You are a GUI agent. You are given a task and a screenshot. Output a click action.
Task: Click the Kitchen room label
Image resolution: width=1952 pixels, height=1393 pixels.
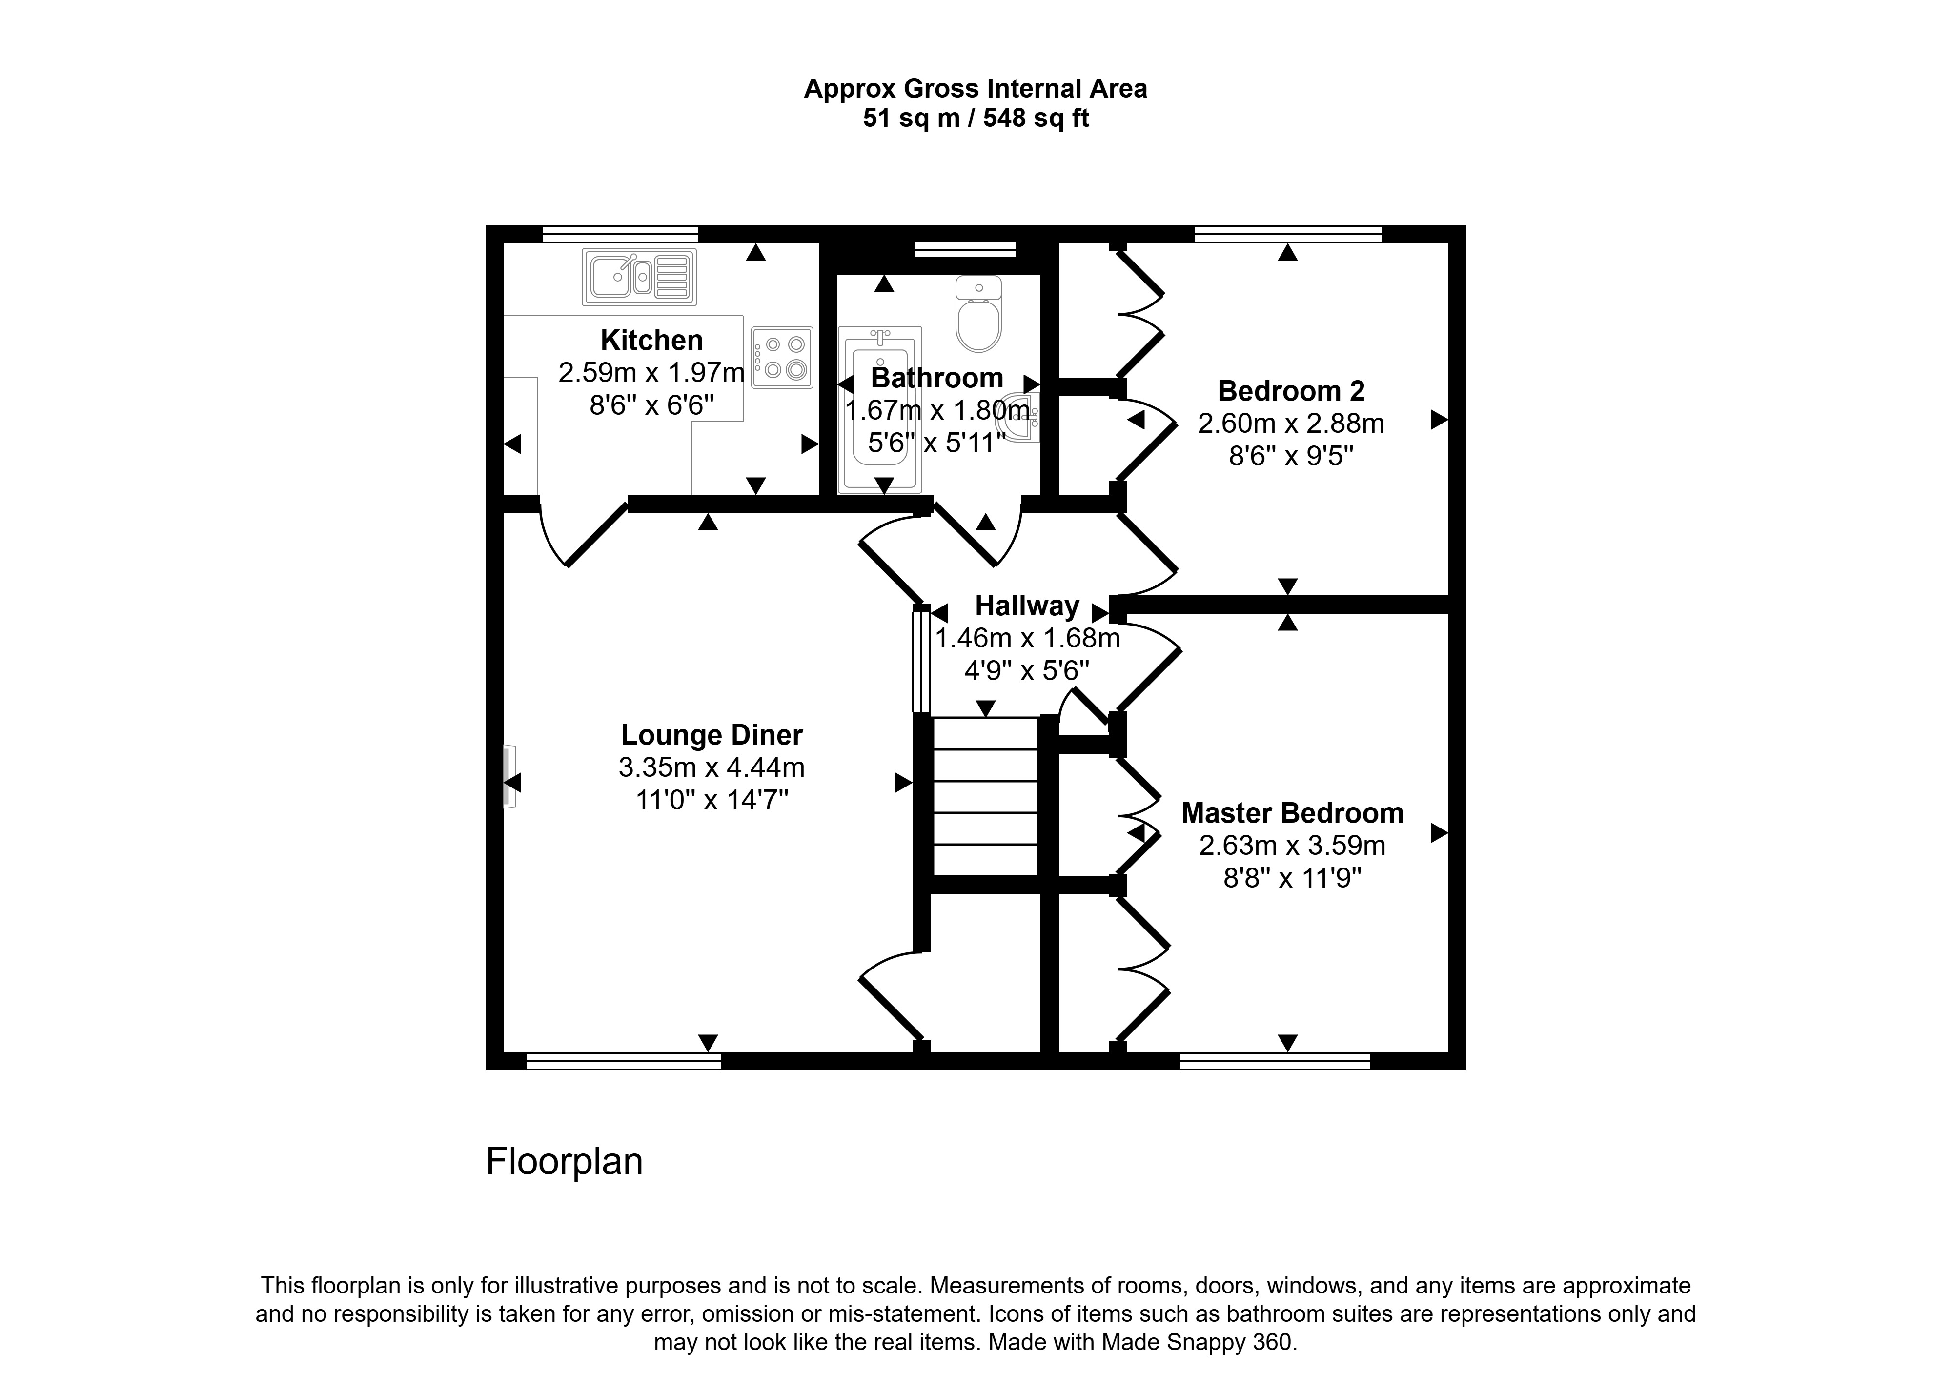coord(652,341)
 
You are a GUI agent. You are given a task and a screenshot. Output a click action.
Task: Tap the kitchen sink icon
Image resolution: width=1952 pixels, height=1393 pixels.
coord(639,277)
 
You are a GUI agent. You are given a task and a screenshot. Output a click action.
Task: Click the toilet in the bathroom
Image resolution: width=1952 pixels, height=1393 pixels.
coord(978,313)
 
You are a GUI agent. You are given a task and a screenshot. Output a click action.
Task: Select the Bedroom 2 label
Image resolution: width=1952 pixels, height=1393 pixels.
coord(1291,391)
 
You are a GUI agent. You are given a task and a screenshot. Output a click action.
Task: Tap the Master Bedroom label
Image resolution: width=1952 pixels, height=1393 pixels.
coord(1293,813)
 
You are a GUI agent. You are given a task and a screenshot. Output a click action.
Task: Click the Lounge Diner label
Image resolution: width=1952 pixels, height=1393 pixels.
coord(712,735)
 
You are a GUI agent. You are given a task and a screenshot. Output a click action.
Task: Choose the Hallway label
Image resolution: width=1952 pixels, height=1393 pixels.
coord(1027,606)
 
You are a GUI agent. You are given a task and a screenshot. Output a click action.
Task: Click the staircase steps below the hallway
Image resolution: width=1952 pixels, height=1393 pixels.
coord(985,796)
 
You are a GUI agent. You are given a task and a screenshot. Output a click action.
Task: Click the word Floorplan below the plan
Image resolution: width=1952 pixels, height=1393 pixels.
coord(564,1161)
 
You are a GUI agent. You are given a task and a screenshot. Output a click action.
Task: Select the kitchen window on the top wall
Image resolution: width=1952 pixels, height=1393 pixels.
coord(620,233)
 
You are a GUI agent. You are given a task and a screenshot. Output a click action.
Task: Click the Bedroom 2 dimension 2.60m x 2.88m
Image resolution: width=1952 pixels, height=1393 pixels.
coord(1291,424)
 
